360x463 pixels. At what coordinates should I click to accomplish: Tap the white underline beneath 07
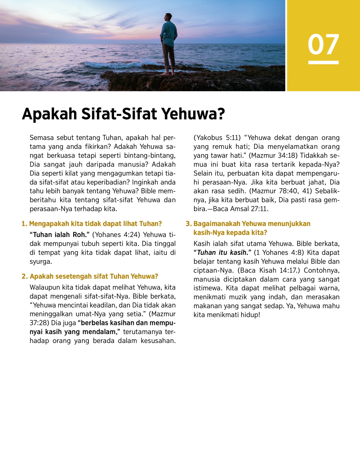coord(323,62)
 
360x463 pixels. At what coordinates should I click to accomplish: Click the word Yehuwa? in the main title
coord(193,114)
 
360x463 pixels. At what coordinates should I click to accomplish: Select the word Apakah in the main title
coord(49,114)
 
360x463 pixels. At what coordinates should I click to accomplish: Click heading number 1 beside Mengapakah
coord(24,224)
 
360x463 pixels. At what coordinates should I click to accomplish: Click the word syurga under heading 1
coord(40,261)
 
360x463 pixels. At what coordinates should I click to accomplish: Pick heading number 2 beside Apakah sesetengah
coord(24,276)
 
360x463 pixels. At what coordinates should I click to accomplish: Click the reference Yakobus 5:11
coord(217,138)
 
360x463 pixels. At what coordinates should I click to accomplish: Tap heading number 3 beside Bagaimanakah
coord(188,224)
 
